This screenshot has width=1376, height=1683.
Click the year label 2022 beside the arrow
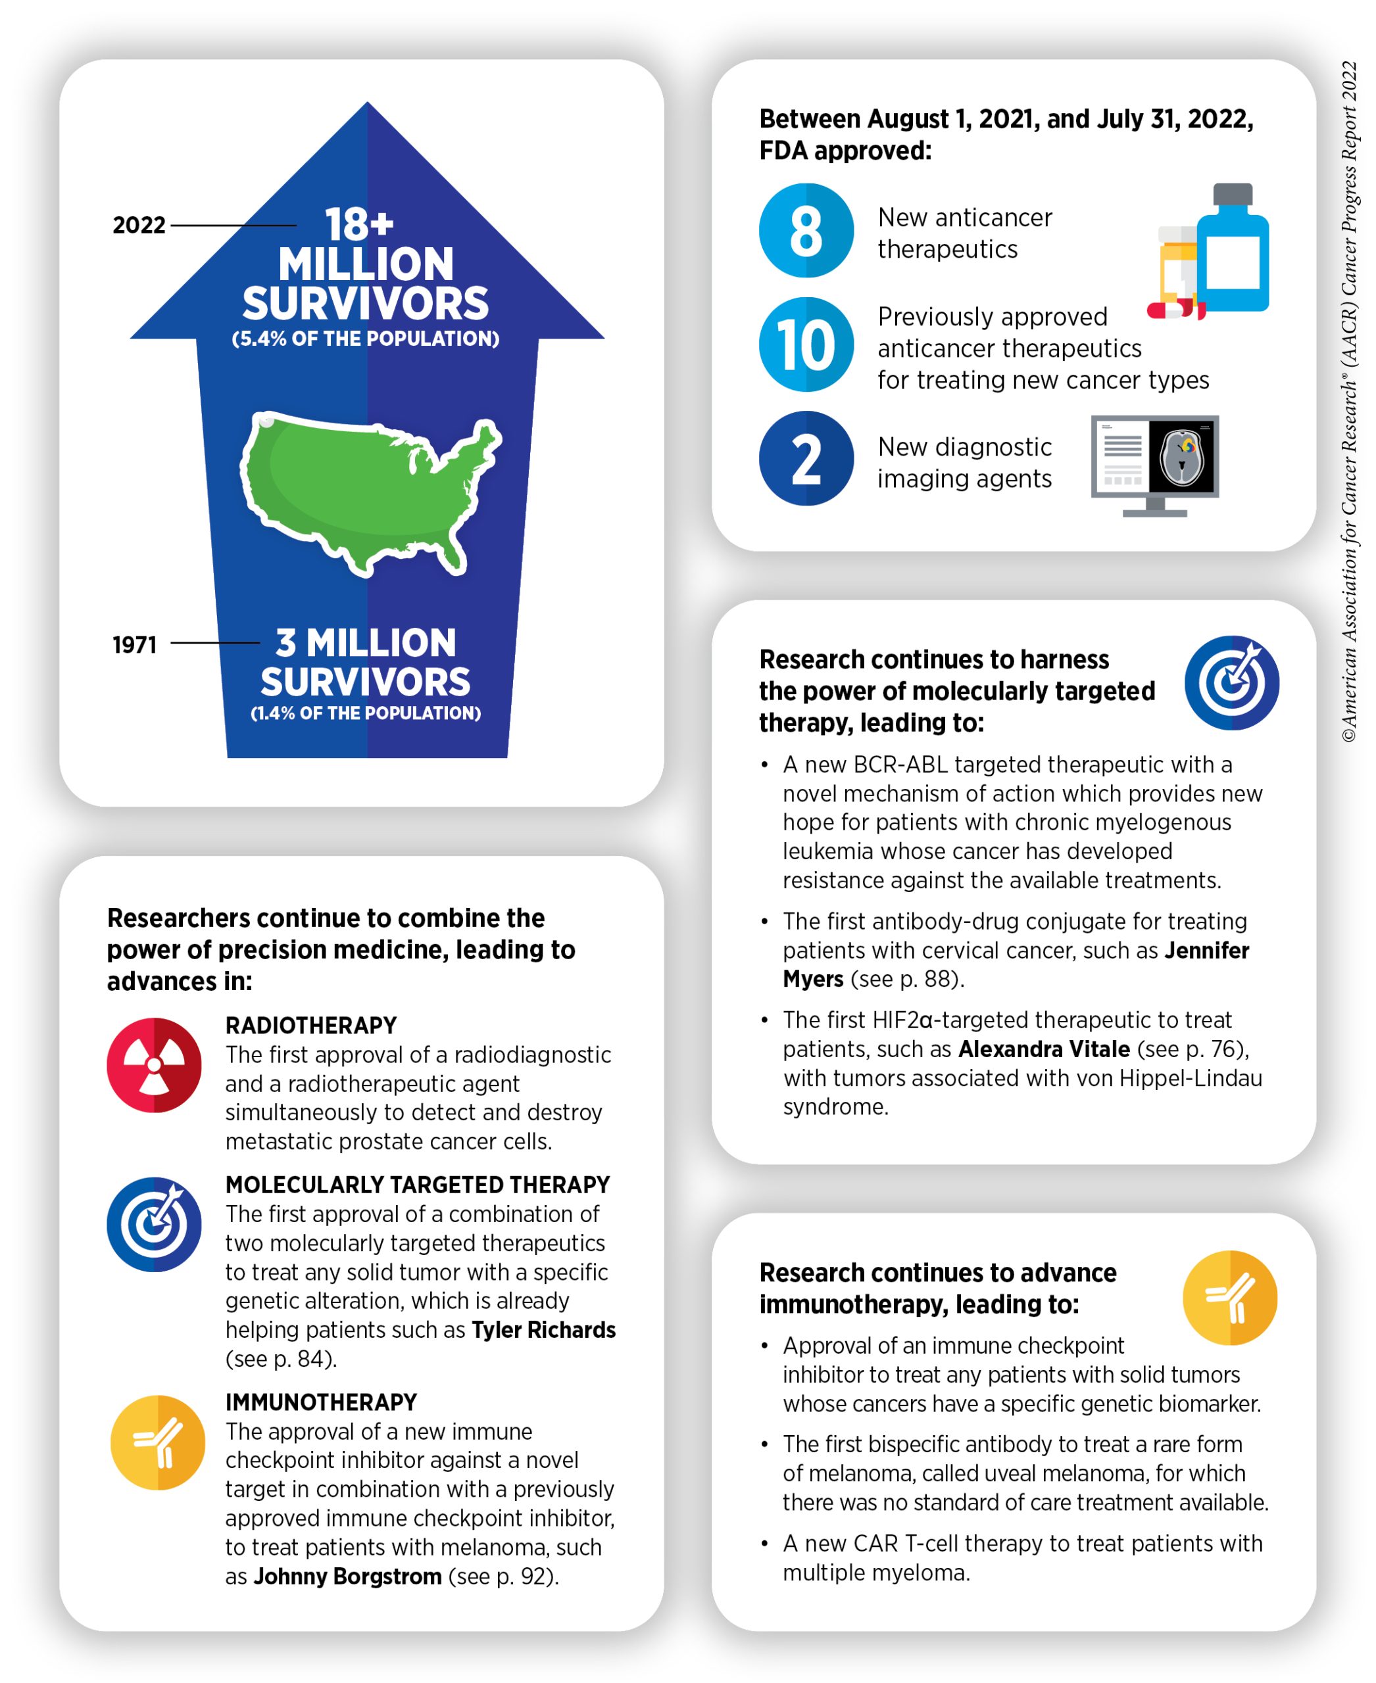click(x=139, y=226)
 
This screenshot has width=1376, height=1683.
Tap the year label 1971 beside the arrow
click(x=135, y=646)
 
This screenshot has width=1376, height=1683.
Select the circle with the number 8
click(x=807, y=231)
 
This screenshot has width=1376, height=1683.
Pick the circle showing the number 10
click(x=807, y=344)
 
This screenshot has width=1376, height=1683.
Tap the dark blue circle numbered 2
click(x=807, y=459)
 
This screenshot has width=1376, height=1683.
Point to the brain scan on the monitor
click(x=1183, y=456)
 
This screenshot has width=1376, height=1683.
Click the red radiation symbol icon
click(x=155, y=1066)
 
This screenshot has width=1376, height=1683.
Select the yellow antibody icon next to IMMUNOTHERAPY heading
click(x=158, y=1444)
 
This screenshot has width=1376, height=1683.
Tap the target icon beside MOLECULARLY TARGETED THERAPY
click(x=155, y=1225)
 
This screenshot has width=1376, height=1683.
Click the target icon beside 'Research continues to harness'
click(x=1233, y=683)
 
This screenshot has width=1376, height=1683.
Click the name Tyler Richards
click(x=544, y=1331)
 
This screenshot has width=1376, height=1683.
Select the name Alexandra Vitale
click(x=1044, y=1050)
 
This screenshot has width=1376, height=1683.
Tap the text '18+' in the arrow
click(x=359, y=224)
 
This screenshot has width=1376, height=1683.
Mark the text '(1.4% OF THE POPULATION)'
click(x=366, y=713)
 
